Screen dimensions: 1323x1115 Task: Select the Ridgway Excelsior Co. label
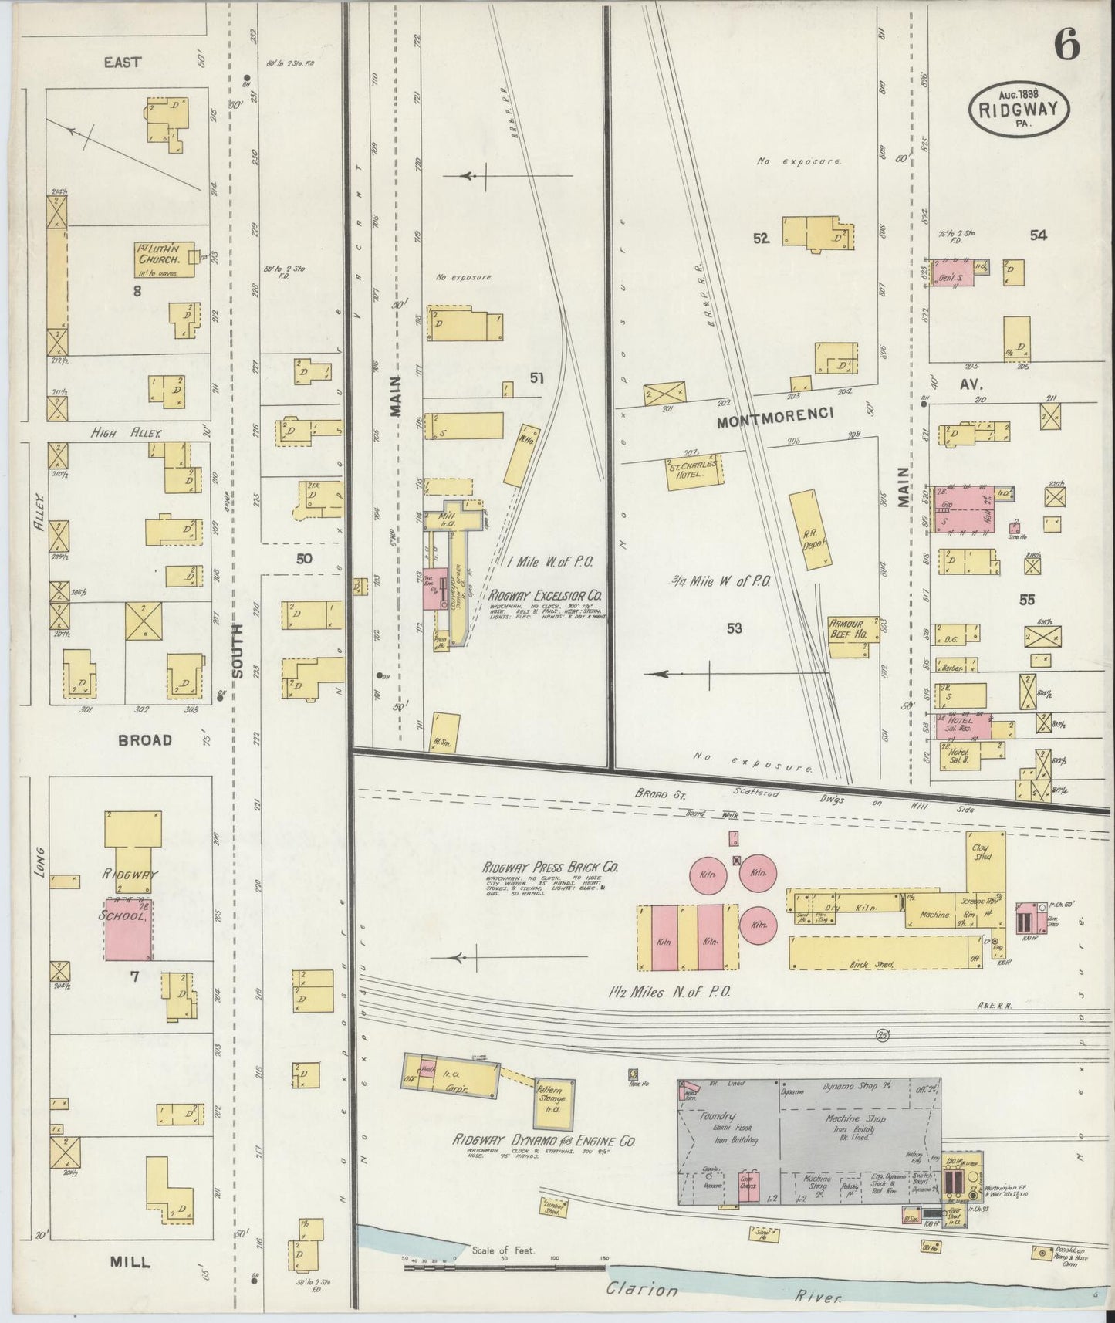(x=546, y=596)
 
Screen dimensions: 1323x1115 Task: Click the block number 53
(x=733, y=629)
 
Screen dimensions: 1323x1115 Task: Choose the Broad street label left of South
(x=144, y=739)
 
